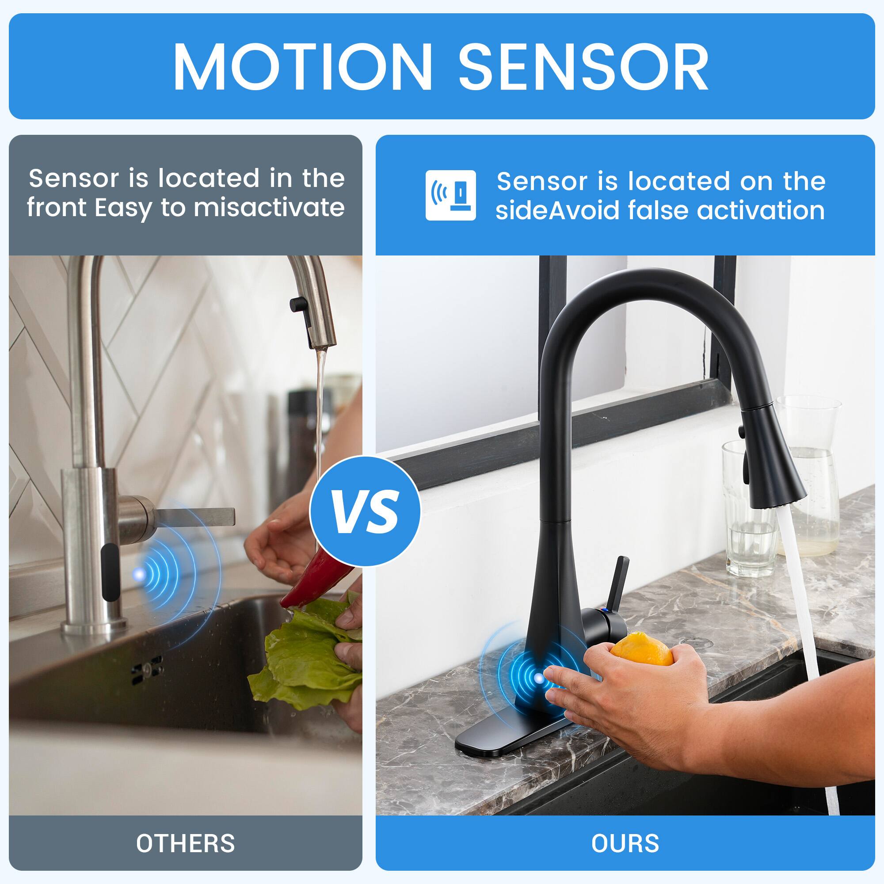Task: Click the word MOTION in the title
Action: (302, 67)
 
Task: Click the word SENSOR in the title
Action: (583, 67)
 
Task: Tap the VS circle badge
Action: (365, 511)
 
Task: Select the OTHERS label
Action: (185, 843)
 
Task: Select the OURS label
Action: (625, 843)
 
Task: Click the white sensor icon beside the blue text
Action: (451, 195)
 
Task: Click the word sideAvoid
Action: (558, 211)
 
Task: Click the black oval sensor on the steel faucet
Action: (110, 572)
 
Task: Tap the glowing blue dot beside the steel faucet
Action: (139, 573)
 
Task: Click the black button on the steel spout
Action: (298, 304)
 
